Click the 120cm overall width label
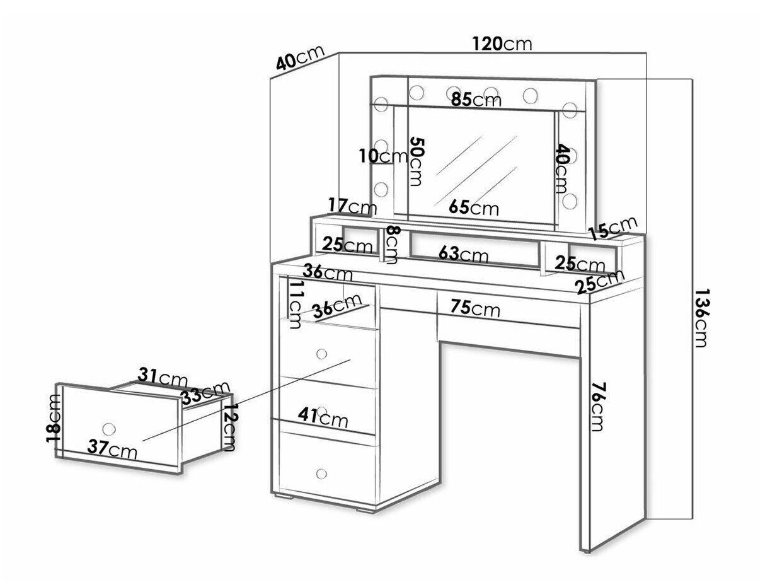pyautogui.click(x=502, y=44)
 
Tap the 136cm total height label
pyautogui.click(x=701, y=318)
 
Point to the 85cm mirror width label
pyautogui.click(x=476, y=100)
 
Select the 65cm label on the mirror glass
pyautogui.click(x=474, y=207)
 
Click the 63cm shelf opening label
pyautogui.click(x=463, y=254)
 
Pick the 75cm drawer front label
pyautogui.click(x=476, y=308)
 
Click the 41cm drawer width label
pyautogui.click(x=323, y=417)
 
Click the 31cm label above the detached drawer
pyautogui.click(x=163, y=376)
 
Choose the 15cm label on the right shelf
pyautogui.click(x=612, y=228)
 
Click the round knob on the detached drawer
pyautogui.click(x=108, y=428)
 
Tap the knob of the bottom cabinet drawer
pyautogui.click(x=321, y=474)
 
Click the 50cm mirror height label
pyautogui.click(x=416, y=161)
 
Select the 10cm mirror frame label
pyautogui.click(x=383, y=156)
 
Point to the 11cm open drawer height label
pyautogui.click(x=295, y=305)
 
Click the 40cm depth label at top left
pyautogui.click(x=301, y=57)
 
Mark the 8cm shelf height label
pyautogui.click(x=392, y=245)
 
